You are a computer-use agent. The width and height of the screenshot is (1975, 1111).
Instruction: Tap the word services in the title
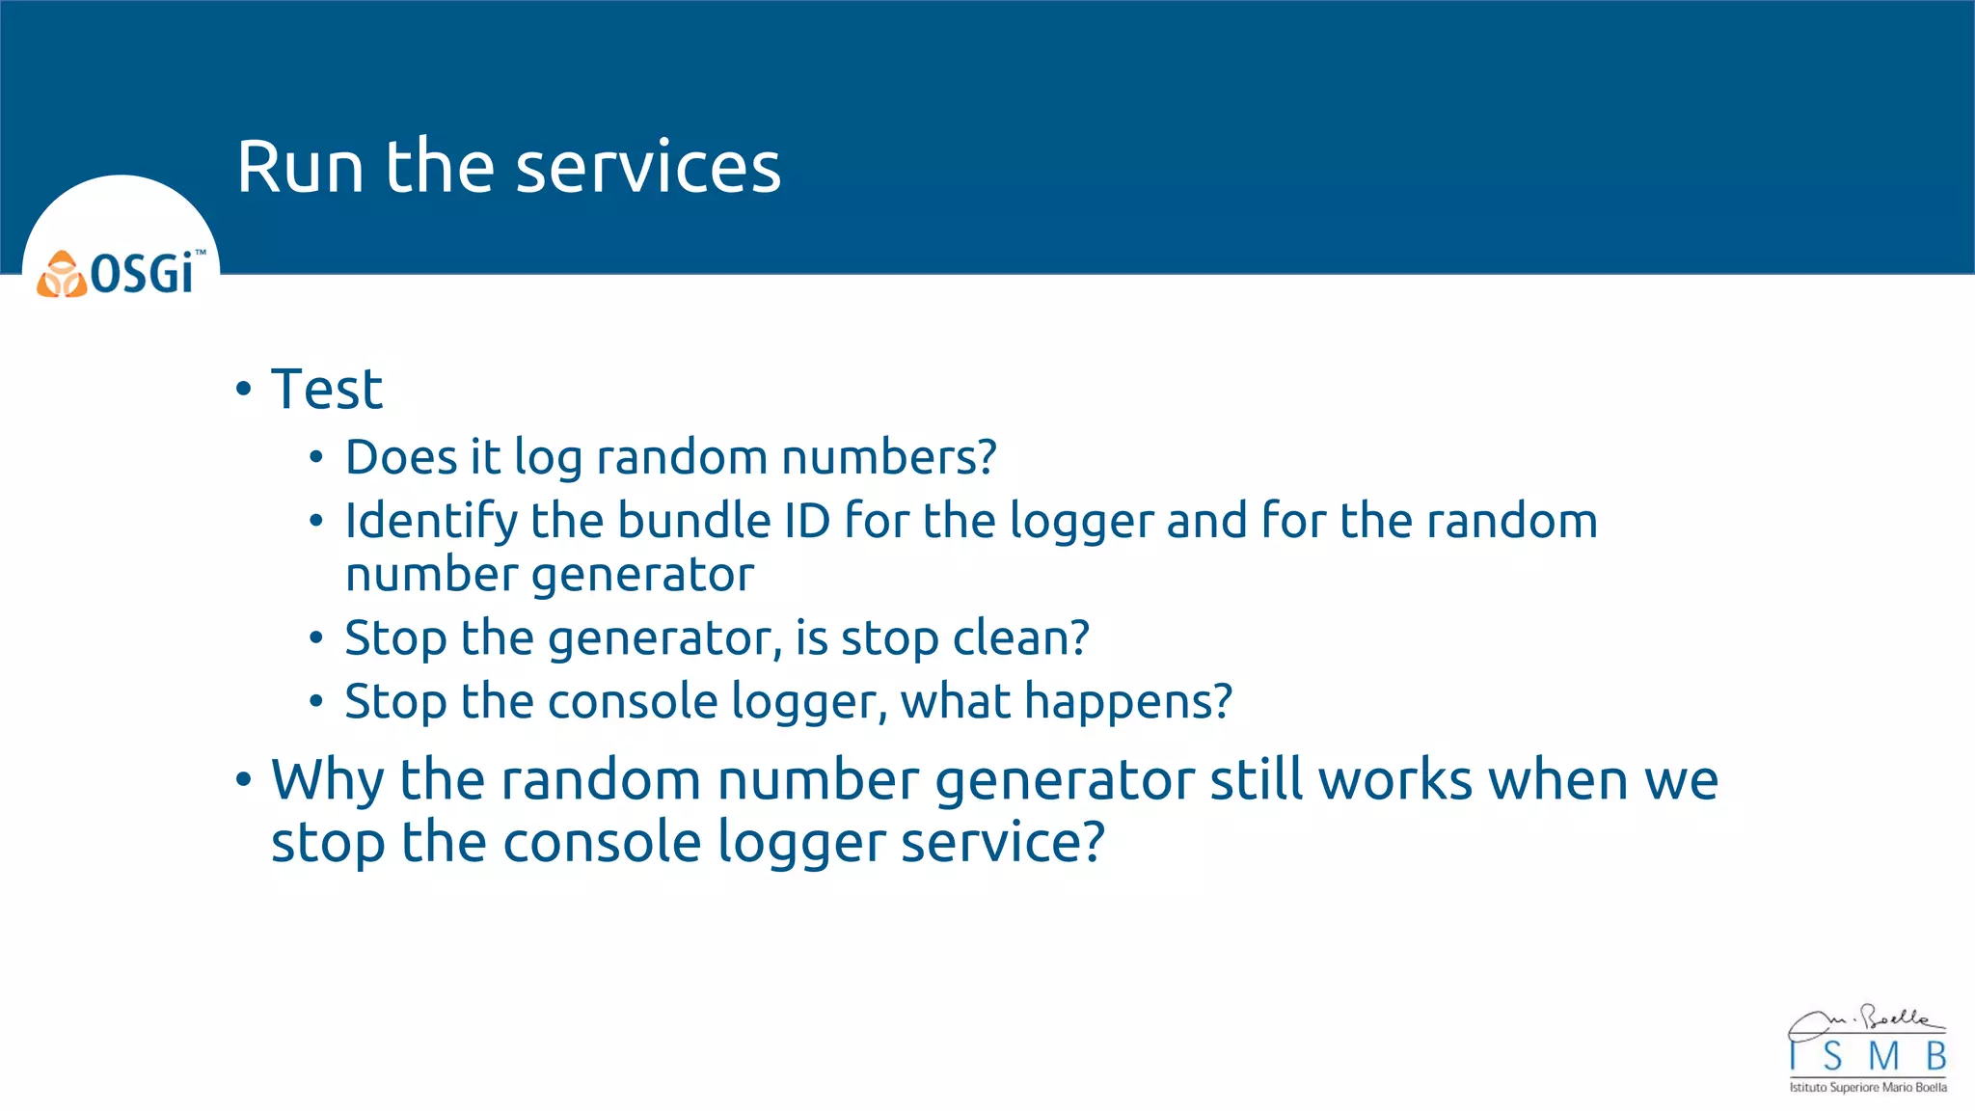pyautogui.click(x=648, y=168)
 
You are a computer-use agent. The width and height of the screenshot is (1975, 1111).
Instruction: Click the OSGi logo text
pyautogui.click(x=143, y=275)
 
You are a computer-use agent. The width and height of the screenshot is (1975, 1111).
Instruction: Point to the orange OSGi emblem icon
pyautogui.click(x=62, y=275)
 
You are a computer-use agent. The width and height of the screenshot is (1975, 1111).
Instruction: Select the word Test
pyautogui.click(x=327, y=390)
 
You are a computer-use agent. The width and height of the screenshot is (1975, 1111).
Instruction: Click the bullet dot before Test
pyautogui.click(x=243, y=391)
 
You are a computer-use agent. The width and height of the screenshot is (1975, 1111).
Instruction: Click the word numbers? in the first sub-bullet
pyautogui.click(x=888, y=457)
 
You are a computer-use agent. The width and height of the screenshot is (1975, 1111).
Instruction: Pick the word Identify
pyautogui.click(x=431, y=522)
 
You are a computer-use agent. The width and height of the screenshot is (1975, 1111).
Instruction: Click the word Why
pyautogui.click(x=328, y=781)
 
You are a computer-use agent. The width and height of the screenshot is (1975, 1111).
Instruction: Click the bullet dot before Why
pyautogui.click(x=243, y=780)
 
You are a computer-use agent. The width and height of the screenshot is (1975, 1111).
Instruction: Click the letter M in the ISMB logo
pyautogui.click(x=1883, y=1057)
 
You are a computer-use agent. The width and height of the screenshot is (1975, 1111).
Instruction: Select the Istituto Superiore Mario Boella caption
pyautogui.click(x=1867, y=1088)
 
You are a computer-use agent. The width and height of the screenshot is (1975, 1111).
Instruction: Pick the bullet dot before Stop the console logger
pyautogui.click(x=316, y=702)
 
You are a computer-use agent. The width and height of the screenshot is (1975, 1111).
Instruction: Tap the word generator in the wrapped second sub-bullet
pyautogui.click(x=642, y=576)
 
